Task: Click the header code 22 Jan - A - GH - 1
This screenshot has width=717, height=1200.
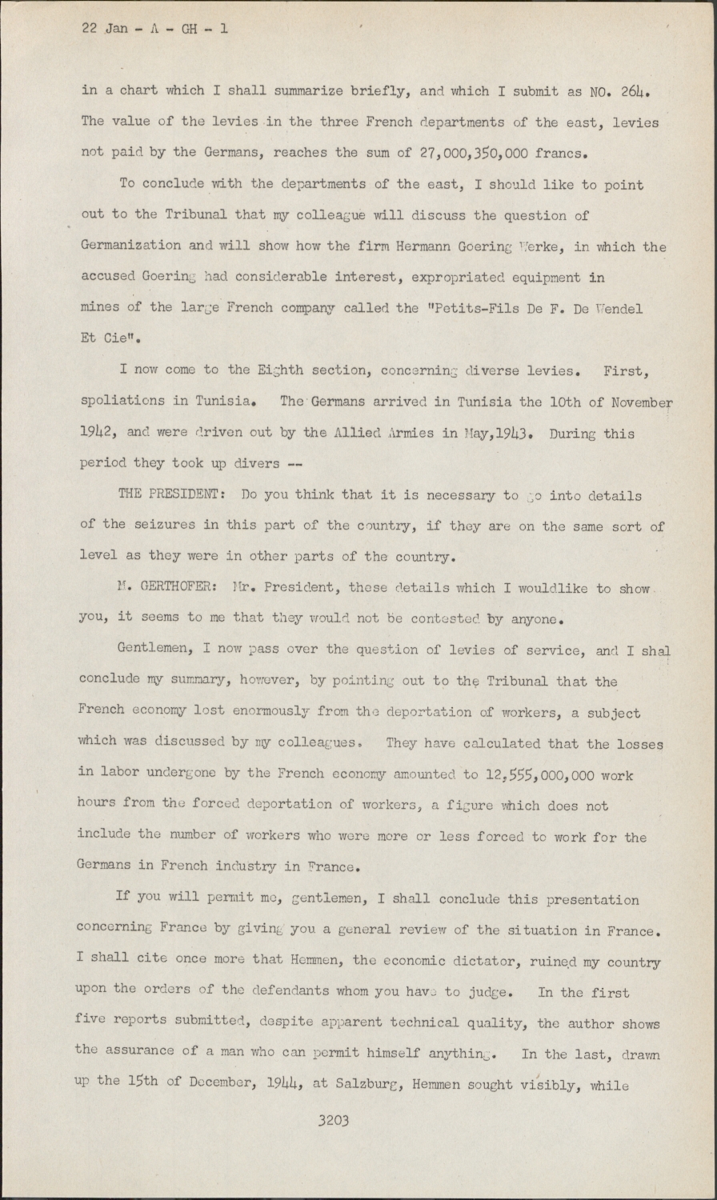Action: (155, 29)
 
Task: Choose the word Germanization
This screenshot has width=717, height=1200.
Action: (131, 247)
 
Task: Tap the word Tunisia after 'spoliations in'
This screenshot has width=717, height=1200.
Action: (232, 402)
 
